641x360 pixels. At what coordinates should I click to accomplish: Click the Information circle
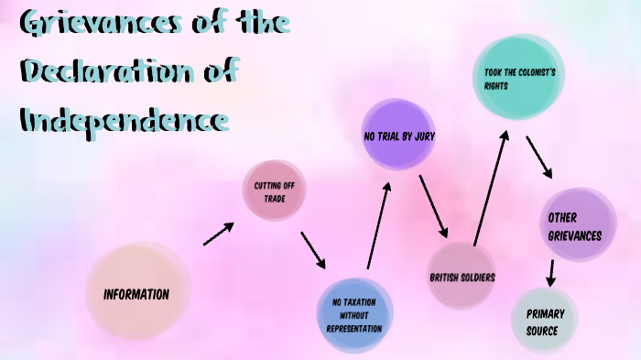click(137, 294)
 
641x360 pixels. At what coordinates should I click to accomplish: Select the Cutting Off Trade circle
click(274, 191)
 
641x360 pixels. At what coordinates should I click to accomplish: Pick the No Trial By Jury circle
click(398, 136)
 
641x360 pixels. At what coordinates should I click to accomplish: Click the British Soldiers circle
click(462, 277)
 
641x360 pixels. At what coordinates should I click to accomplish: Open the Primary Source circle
click(546, 321)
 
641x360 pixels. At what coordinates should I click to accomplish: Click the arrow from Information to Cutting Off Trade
click(218, 234)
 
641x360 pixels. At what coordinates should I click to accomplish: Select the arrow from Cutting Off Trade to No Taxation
click(314, 250)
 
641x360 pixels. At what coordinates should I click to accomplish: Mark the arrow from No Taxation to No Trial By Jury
click(378, 224)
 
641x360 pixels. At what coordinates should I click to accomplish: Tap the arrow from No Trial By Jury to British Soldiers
click(433, 205)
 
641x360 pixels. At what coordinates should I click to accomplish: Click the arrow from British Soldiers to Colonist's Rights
click(491, 187)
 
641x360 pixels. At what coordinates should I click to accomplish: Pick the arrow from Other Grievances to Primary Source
click(550, 272)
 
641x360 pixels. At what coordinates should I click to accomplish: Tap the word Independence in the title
click(124, 119)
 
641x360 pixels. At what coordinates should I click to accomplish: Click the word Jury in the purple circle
click(424, 136)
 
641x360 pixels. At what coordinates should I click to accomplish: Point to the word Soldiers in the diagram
click(476, 277)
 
